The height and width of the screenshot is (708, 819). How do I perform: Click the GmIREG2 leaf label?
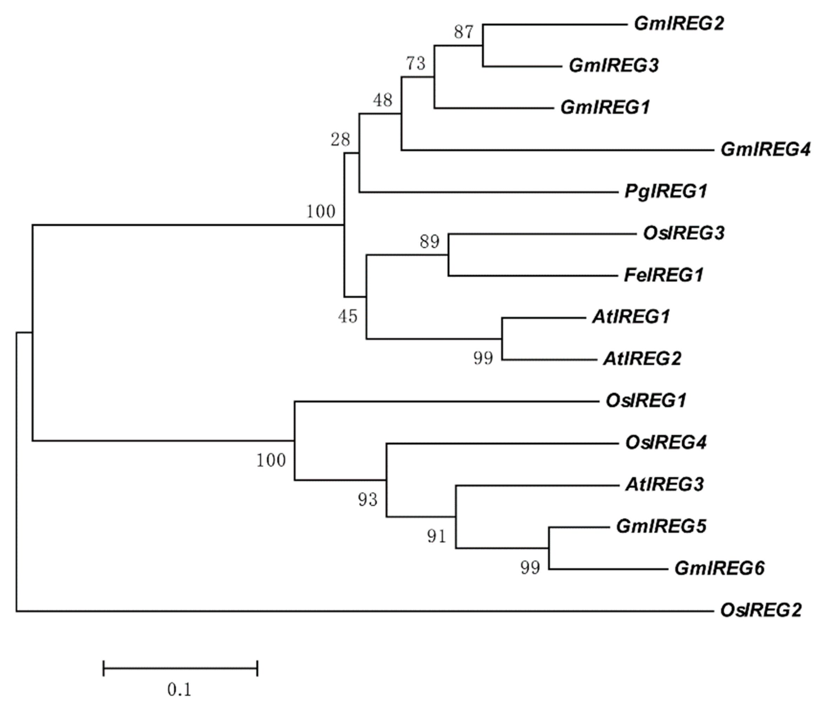click(x=679, y=24)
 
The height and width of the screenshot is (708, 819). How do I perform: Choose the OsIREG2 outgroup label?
click(x=761, y=610)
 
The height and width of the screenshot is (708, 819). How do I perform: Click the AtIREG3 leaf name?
click(x=664, y=484)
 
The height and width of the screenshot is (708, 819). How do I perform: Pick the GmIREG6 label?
click(x=719, y=568)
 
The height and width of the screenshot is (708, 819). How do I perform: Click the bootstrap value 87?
click(x=464, y=32)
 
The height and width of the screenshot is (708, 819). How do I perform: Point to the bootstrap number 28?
click(x=340, y=140)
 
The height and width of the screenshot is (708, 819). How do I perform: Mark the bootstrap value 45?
click(x=348, y=316)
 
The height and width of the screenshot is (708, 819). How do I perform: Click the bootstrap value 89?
click(x=430, y=241)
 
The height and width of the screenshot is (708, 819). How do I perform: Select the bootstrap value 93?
click(x=368, y=500)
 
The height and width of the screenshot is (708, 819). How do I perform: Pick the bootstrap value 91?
click(x=436, y=536)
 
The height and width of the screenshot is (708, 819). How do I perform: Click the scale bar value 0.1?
click(x=180, y=690)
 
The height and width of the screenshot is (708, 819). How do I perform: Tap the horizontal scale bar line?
click(x=180, y=668)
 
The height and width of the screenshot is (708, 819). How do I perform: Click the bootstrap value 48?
click(x=383, y=100)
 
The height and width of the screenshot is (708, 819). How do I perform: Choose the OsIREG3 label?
click(x=683, y=233)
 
